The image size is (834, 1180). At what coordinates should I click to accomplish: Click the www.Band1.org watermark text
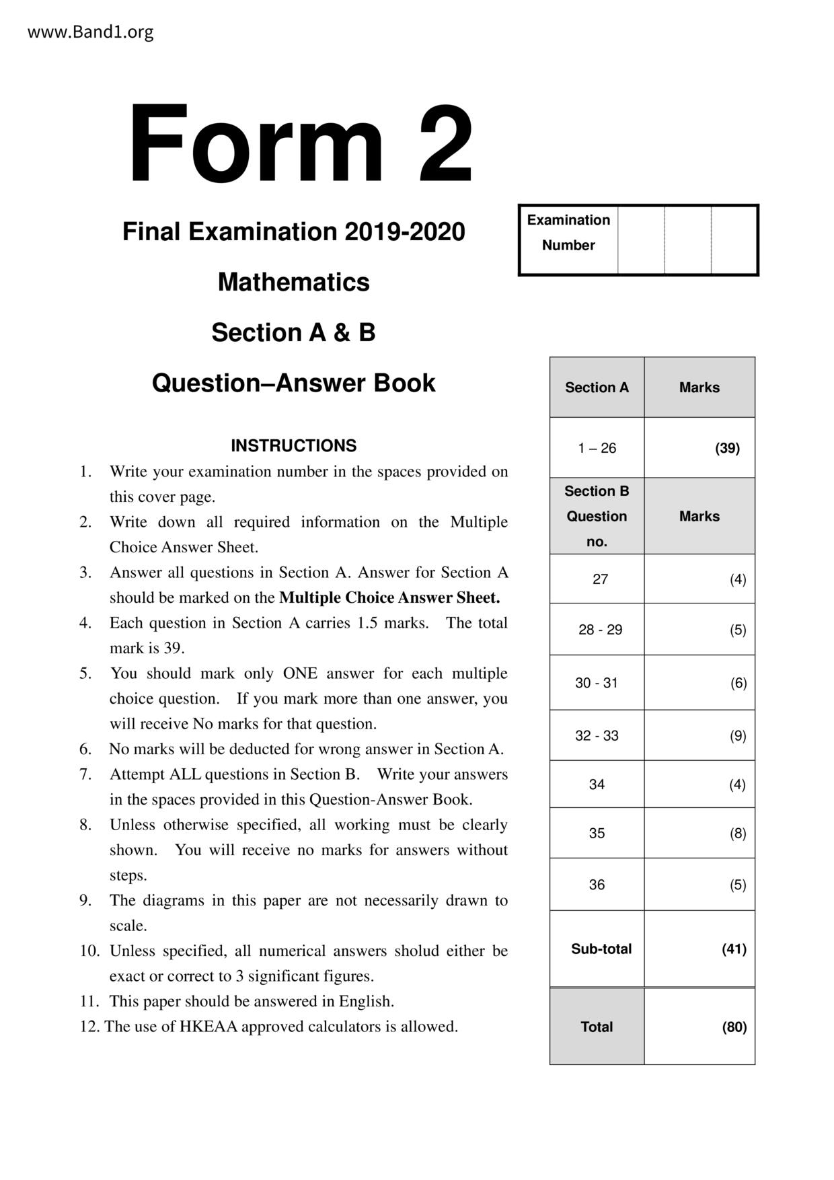(x=90, y=32)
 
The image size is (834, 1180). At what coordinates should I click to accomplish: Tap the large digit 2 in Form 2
(x=445, y=144)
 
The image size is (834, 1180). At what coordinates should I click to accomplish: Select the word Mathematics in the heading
(x=293, y=282)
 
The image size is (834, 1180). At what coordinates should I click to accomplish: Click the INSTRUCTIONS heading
(x=293, y=445)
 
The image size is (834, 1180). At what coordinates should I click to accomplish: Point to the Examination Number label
(x=568, y=233)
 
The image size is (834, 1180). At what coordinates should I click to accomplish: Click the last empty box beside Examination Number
(x=734, y=240)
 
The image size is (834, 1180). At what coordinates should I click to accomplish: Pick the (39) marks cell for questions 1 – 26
(x=726, y=448)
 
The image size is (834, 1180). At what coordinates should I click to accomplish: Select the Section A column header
(x=597, y=388)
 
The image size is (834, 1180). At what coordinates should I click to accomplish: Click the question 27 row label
(x=600, y=579)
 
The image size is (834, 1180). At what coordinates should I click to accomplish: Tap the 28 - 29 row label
(x=600, y=630)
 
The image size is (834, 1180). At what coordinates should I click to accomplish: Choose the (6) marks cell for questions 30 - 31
(x=738, y=683)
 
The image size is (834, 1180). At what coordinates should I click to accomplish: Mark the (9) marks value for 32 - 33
(x=738, y=735)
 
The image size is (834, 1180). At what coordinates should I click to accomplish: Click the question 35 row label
(x=597, y=833)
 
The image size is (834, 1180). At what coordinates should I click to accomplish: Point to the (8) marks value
(x=738, y=834)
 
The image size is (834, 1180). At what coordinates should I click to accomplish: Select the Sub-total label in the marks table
(x=601, y=949)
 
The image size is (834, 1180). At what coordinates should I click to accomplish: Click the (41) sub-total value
(x=734, y=949)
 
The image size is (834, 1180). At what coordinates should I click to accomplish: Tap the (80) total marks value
(x=734, y=1027)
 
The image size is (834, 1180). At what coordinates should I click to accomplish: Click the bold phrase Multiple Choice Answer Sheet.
(x=389, y=597)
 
